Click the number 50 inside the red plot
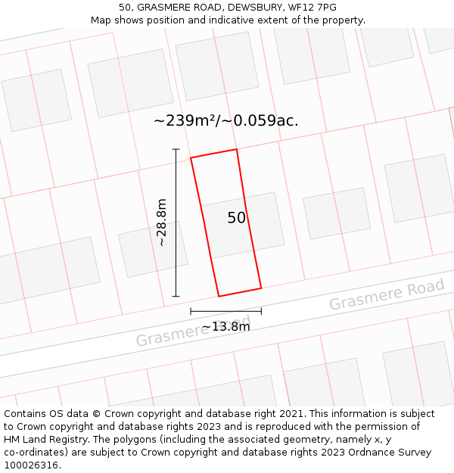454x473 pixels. coord(237,218)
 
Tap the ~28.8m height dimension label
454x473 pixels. coord(162,222)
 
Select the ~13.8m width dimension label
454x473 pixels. coord(225,327)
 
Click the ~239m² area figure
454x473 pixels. coord(185,120)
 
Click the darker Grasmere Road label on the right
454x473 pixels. coord(387,294)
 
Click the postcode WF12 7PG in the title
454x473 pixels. coord(312,8)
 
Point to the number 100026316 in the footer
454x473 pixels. coord(30,465)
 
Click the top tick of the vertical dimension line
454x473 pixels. coord(176,149)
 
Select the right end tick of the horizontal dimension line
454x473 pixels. coord(261,310)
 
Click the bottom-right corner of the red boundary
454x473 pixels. coord(261,288)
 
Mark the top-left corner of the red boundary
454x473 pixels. coord(191,157)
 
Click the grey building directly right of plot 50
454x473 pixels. coord(337,213)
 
